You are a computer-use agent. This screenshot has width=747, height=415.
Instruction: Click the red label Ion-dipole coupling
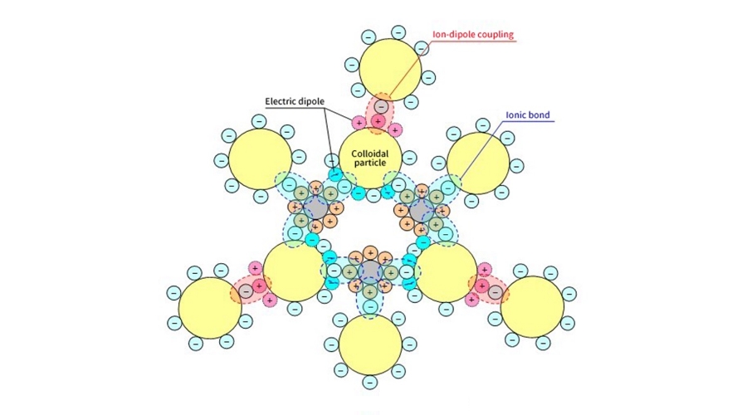(473, 35)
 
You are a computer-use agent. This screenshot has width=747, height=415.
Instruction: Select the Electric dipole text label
(295, 102)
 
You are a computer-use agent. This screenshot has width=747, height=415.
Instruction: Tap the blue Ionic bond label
(527, 115)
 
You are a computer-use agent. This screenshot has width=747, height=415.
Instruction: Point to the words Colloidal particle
(369, 158)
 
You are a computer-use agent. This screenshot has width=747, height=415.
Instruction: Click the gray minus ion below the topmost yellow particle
(381, 106)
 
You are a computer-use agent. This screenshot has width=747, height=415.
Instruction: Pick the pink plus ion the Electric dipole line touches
(359, 123)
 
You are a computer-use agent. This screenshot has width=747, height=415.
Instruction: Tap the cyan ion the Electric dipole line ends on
(335, 174)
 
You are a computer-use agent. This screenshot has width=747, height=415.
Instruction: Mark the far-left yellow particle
(209, 307)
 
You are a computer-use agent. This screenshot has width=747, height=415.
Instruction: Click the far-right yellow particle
(532, 307)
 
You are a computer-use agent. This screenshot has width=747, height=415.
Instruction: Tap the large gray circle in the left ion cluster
(315, 208)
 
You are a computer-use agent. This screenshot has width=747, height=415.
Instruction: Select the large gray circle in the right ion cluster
(422, 209)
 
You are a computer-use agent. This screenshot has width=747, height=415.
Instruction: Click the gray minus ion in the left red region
(247, 290)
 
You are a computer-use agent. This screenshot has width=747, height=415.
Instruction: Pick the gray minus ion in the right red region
(496, 291)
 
